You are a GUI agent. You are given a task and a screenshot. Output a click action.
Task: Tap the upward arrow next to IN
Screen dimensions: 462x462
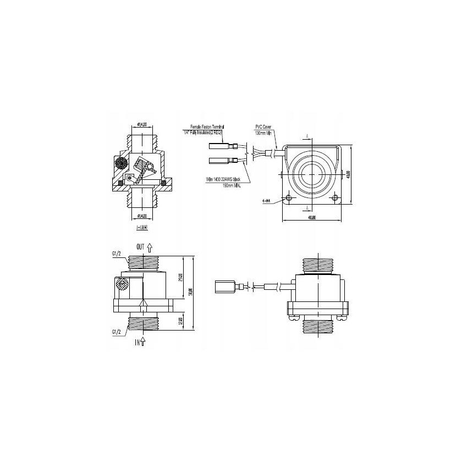[x=144, y=342]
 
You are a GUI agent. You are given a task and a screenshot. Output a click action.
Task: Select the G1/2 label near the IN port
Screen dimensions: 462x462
[x=116, y=332]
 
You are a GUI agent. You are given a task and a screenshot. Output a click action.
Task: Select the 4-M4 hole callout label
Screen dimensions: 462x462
[x=268, y=201]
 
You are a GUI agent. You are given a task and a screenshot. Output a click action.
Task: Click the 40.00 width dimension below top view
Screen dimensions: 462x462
[x=311, y=218]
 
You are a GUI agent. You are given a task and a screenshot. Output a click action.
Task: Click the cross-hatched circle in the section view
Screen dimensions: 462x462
[x=120, y=163]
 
